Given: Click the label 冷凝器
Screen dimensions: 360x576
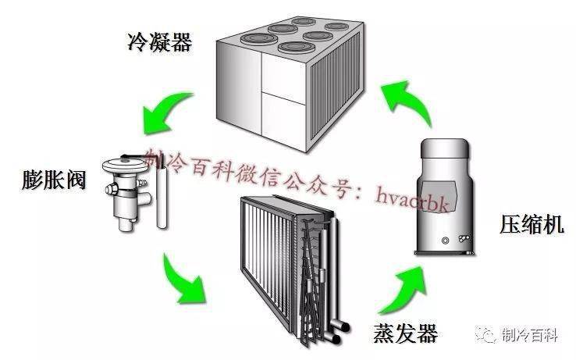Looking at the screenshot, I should click(x=159, y=41).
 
